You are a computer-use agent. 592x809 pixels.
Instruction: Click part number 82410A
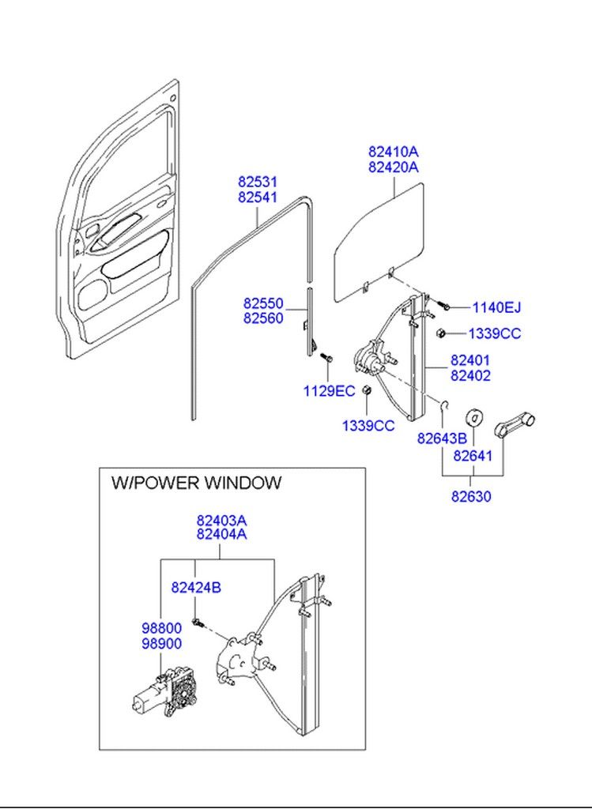tap(393, 151)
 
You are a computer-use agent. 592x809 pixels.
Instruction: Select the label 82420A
tap(393, 167)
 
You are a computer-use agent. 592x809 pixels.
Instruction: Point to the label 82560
tap(263, 318)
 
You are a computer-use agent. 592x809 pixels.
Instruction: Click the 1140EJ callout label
tap(496, 307)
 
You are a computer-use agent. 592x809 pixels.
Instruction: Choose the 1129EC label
tap(329, 390)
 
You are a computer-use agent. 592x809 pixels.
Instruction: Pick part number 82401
tap(470, 360)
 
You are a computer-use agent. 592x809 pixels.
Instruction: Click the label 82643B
tap(442, 438)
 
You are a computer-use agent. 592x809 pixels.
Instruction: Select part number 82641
tap(473, 456)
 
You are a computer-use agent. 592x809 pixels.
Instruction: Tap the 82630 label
tap(471, 497)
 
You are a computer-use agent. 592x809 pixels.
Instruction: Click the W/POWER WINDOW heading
tap(195, 483)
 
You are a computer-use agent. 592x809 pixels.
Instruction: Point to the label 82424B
tap(196, 587)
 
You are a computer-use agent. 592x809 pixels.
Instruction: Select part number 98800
tap(161, 628)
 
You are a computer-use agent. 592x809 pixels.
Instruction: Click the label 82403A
tap(222, 521)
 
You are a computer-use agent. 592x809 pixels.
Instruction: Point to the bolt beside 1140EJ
tap(444, 305)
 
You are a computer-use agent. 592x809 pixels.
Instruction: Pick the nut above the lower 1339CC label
tap(367, 393)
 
